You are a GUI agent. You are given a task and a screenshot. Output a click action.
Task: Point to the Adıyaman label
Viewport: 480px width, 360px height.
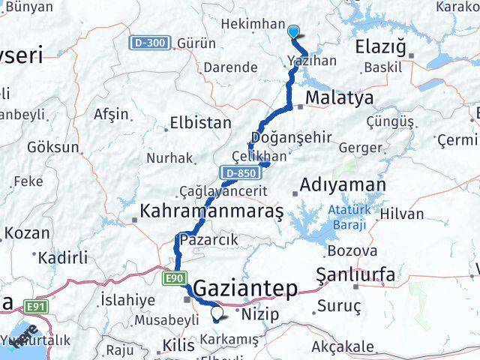343,185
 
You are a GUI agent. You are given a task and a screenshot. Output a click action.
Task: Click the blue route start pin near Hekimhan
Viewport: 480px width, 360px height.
294,31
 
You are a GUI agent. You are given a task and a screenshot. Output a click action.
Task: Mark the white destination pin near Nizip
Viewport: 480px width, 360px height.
217,314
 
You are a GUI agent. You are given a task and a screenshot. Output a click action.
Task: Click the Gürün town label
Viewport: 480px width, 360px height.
196,43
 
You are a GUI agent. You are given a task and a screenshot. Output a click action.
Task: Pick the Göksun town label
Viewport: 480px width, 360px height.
52,147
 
